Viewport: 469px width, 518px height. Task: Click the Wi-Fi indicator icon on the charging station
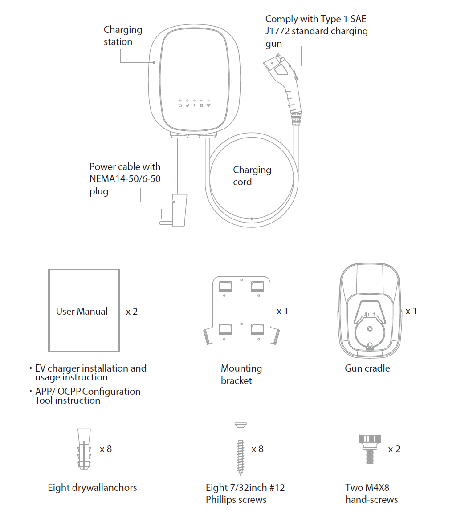pos(208,105)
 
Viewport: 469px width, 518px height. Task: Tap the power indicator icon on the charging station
pos(180,105)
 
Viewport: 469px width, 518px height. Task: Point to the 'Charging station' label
pos(122,36)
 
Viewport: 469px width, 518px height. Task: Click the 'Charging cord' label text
pos(252,176)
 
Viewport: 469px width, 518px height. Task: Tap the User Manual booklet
pos(84,310)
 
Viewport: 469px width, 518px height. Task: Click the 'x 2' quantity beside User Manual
pos(132,312)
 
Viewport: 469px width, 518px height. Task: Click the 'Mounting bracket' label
pos(241,374)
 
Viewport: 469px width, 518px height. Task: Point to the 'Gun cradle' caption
pos(367,368)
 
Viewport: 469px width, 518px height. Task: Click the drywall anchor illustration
pos(84,449)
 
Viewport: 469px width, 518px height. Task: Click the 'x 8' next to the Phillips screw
pos(257,449)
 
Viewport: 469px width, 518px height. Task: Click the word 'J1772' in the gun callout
pos(277,31)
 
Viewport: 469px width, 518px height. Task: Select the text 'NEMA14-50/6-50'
pos(125,179)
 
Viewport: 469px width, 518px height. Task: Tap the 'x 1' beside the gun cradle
pos(411,311)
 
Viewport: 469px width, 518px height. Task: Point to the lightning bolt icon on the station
pos(194,105)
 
